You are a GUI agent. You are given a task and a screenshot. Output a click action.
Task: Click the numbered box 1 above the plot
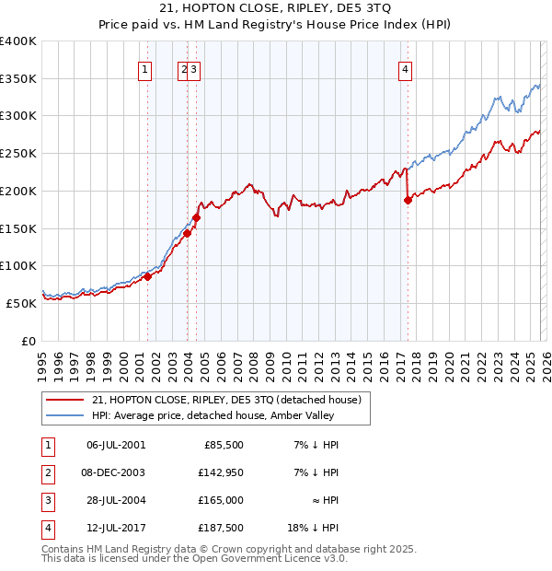tap(145, 67)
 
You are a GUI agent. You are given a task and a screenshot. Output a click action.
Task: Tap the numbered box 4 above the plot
tap(405, 67)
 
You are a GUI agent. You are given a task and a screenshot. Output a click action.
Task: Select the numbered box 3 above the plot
tap(196, 67)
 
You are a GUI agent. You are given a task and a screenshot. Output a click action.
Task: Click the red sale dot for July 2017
tap(408, 201)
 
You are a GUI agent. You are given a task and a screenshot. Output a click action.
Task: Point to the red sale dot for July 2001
tap(147, 276)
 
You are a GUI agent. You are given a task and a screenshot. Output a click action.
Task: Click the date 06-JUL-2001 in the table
tap(115, 445)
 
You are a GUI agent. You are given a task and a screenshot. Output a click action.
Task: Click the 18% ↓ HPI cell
tap(316, 528)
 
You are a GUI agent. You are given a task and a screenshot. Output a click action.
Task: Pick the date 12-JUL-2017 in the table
tap(115, 528)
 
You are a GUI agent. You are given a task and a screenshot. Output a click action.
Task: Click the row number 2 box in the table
tap(46, 472)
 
